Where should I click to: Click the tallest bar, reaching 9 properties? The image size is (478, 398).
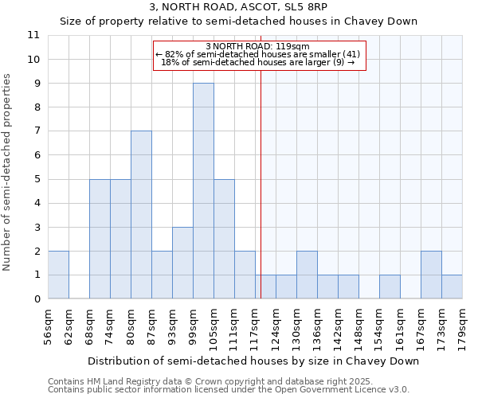click(x=203, y=191)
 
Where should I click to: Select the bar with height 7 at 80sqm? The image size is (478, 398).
click(x=141, y=215)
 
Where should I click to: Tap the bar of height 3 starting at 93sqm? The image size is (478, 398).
click(x=182, y=263)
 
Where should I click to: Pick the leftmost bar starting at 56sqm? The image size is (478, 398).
click(x=58, y=275)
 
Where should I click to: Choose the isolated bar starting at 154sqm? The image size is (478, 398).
click(x=390, y=287)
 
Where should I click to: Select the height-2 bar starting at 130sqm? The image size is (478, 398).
click(x=307, y=275)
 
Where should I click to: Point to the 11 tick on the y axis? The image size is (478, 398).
click(x=33, y=35)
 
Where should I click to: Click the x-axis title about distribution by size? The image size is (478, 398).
click(x=253, y=361)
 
